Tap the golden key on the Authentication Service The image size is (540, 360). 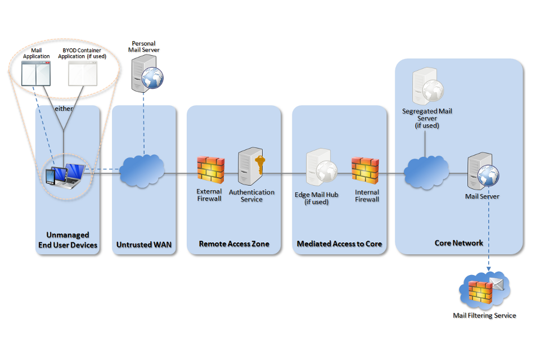[260, 165]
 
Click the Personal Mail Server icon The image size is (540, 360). [145, 73]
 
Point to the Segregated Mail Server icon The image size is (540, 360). [426, 87]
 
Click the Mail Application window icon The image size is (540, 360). [35, 73]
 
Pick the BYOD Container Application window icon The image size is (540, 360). [83, 73]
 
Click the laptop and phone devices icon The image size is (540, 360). [65, 175]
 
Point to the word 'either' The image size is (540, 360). [64, 109]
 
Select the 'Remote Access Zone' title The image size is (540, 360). [234, 244]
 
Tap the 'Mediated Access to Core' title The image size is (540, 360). [339, 244]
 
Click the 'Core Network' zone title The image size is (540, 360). [458, 243]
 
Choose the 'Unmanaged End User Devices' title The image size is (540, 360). [67, 240]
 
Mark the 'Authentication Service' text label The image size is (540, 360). [251, 196]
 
